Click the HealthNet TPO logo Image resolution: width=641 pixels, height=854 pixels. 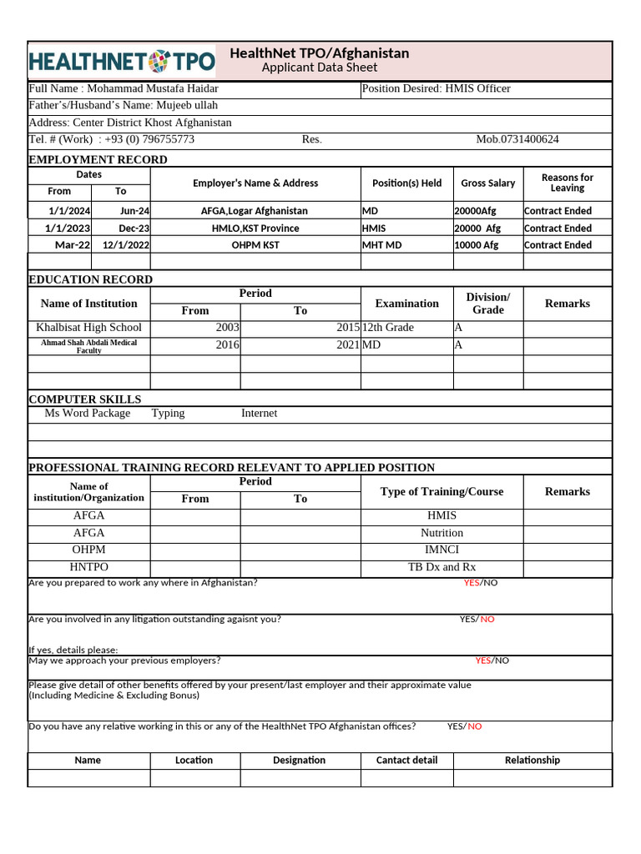pyautogui.click(x=122, y=61)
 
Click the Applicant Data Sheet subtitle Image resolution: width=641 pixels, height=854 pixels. pyautogui.click(x=320, y=68)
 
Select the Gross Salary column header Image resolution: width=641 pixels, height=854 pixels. pyautogui.click(x=487, y=183)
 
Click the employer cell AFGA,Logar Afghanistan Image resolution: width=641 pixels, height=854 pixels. pyautogui.click(x=255, y=211)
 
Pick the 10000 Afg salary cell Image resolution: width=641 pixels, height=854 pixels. pyautogui.click(x=477, y=244)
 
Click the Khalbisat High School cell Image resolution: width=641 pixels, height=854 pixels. pyautogui.click(x=88, y=327)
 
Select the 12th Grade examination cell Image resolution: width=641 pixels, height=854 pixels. pyautogui.click(x=388, y=327)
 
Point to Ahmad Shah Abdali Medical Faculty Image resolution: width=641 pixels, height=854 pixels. pyautogui.click(x=88, y=347)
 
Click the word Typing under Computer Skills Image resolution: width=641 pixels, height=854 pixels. pyautogui.click(x=168, y=413)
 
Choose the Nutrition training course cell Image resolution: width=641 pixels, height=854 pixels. pyautogui.click(x=442, y=532)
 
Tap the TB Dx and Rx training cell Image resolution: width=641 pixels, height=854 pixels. pyautogui.click(x=442, y=567)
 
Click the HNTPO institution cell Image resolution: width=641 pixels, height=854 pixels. pyautogui.click(x=88, y=567)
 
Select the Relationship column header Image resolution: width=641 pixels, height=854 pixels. pyautogui.click(x=532, y=760)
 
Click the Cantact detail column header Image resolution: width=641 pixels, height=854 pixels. pyautogui.click(x=406, y=760)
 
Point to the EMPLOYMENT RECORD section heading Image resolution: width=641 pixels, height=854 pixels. pyautogui.click(x=98, y=159)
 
